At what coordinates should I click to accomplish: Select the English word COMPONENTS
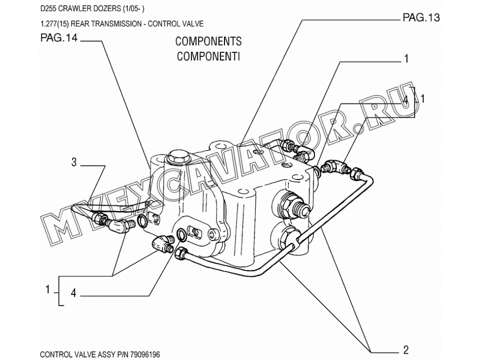[x=208, y=41]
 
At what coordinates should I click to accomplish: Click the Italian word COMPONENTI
[x=208, y=56]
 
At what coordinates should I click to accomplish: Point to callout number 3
[x=73, y=162]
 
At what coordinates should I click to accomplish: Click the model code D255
[x=48, y=8]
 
